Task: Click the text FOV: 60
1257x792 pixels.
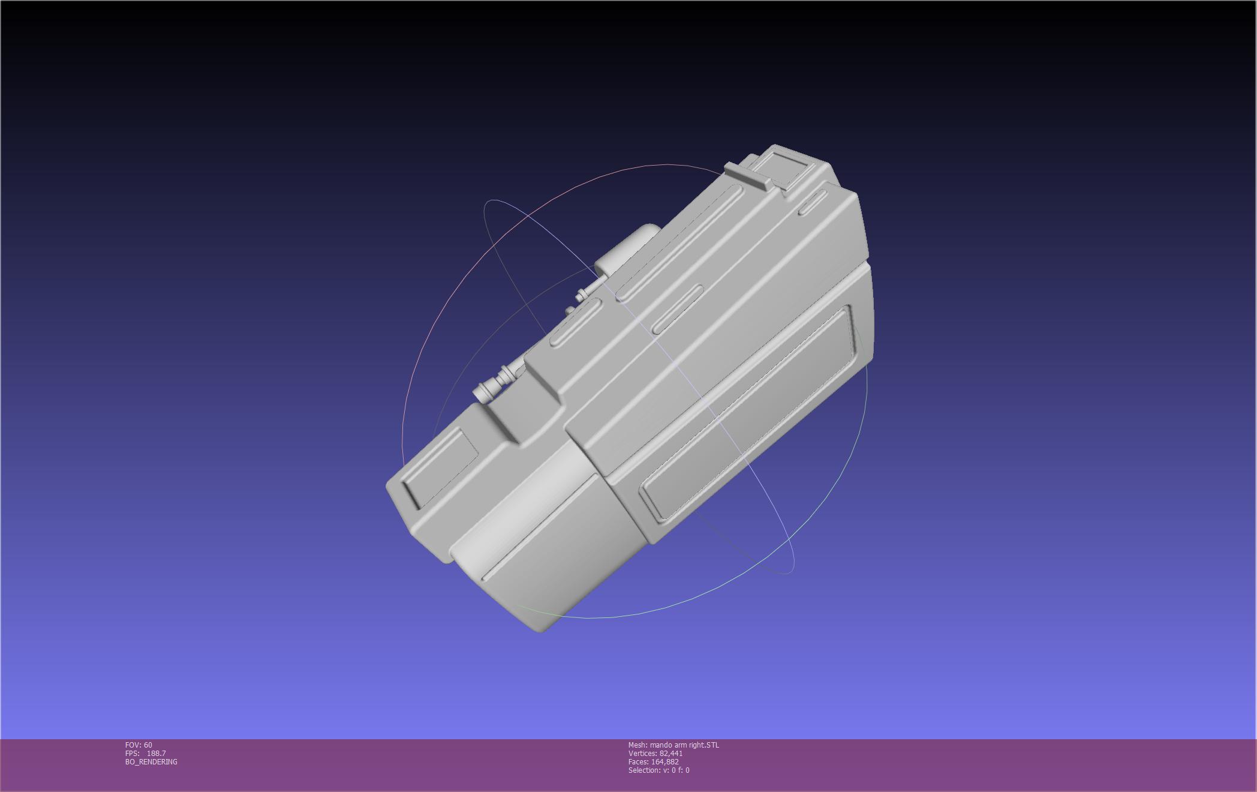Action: (139, 745)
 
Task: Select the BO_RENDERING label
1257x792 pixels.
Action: (151, 762)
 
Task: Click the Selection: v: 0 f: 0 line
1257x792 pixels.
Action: (658, 770)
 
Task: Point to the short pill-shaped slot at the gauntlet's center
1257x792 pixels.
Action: (678, 309)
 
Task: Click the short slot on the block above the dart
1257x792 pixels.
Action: (575, 324)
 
